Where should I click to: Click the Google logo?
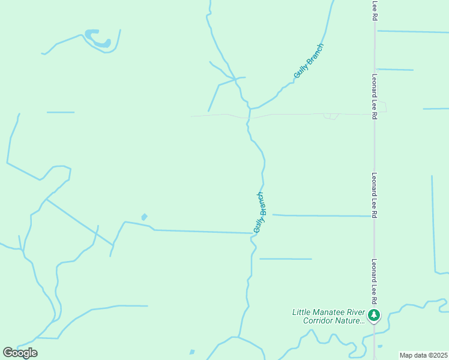click(x=20, y=353)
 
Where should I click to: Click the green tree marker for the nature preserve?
click(x=374, y=315)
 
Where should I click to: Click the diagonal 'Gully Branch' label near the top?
click(x=309, y=61)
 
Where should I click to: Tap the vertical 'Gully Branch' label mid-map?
click(x=259, y=212)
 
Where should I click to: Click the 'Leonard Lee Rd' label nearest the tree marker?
click(x=373, y=281)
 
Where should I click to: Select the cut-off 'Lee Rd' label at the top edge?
click(x=374, y=10)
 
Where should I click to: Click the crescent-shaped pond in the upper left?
click(x=98, y=40)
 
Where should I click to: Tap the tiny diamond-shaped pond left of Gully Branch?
click(x=144, y=217)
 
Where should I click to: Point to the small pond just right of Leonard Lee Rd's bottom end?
click(x=379, y=346)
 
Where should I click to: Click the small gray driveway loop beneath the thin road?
click(x=331, y=116)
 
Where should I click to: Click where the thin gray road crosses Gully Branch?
click(x=247, y=118)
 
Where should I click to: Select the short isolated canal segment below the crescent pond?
click(x=61, y=112)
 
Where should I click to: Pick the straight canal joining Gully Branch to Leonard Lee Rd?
click(x=322, y=215)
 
